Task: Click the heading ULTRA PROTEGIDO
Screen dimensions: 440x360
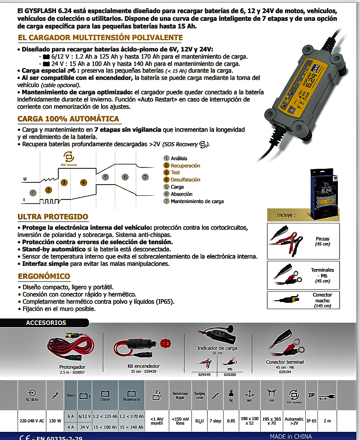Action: point(53,217)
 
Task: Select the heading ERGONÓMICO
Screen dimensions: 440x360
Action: point(44,276)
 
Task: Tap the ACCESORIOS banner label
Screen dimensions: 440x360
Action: point(46,323)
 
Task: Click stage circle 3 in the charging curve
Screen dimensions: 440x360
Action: point(64,182)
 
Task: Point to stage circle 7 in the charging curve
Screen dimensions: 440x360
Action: point(145,177)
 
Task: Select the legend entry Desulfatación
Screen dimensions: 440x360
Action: point(185,180)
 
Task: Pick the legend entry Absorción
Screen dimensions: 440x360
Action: point(182,194)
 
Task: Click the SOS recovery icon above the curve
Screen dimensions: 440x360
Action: point(69,157)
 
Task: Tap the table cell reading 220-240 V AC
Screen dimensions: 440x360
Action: point(32,421)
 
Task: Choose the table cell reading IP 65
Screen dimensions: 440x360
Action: point(311,421)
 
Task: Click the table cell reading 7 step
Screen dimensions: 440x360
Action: point(215,421)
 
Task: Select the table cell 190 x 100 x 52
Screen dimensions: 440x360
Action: point(250,421)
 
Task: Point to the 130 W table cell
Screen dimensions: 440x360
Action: point(55,421)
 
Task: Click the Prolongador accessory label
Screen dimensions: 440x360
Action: point(72,367)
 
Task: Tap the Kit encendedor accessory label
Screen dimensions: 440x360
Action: point(143,366)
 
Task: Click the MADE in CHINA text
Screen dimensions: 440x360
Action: point(291,436)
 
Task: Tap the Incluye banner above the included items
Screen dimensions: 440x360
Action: point(286,215)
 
